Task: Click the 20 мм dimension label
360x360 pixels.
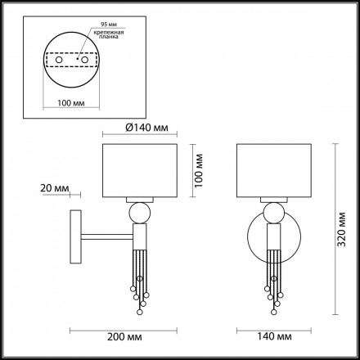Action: pos(51,189)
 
